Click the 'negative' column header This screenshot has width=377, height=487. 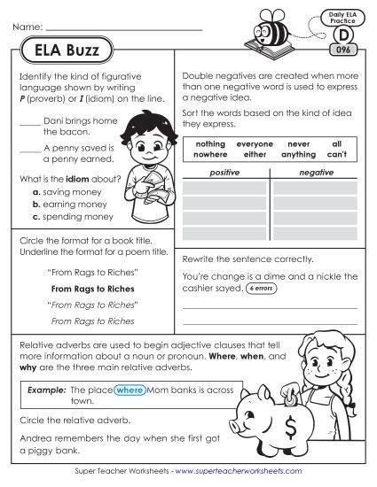pyautogui.click(x=316, y=173)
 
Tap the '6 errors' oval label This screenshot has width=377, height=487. pyautogui.click(x=262, y=289)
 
